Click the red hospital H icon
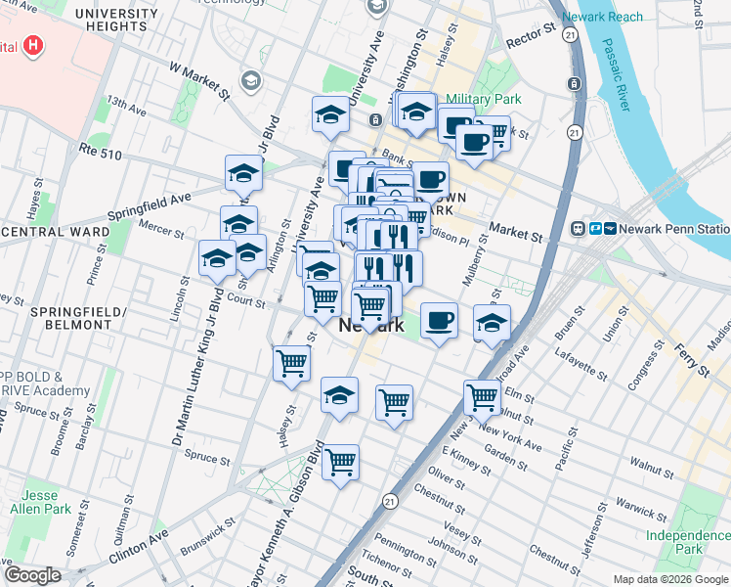(x=34, y=45)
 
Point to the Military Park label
(x=484, y=99)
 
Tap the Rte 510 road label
(x=102, y=153)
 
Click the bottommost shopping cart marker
(x=340, y=462)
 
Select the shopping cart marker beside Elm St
(x=482, y=397)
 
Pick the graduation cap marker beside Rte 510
(x=243, y=173)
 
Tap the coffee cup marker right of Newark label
(x=440, y=320)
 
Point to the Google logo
(x=32, y=574)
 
